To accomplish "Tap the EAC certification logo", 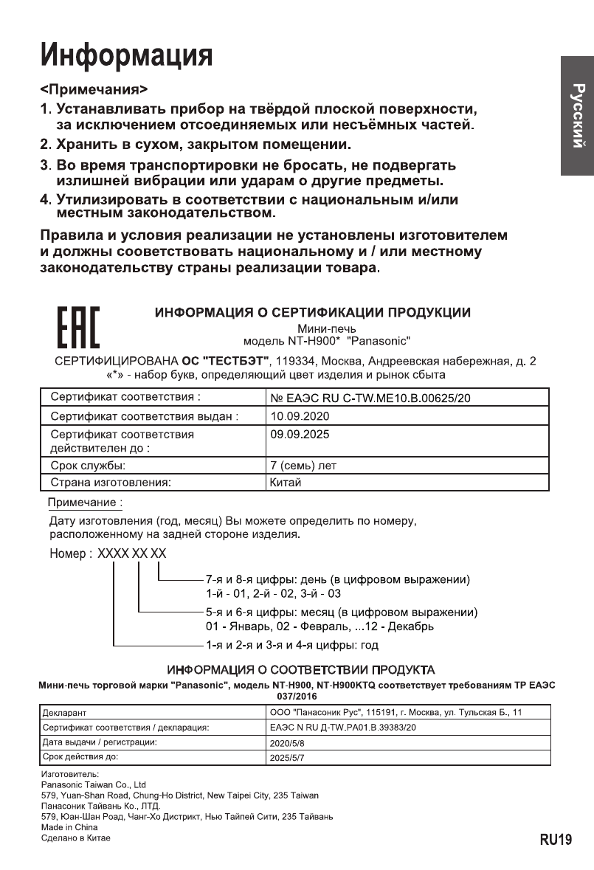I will pos(79,326).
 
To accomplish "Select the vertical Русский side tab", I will pos(577,116).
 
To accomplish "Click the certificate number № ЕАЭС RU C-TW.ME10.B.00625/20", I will pos(370,398).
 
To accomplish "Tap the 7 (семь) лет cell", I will pos(303,466).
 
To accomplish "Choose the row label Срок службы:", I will pos(88,466).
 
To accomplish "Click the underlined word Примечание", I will pos(84,503).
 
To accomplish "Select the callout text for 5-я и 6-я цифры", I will pos(341,612).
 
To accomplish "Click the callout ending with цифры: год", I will pos(292,645).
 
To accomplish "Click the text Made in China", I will pos(69,827).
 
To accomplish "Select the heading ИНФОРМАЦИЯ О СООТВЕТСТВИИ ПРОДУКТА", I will pos(300,670).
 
